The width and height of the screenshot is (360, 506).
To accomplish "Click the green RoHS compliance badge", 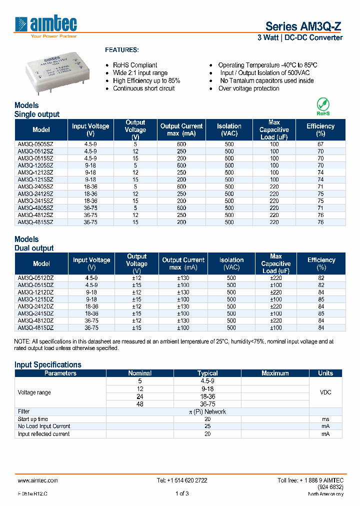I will pyautogui.click(x=323, y=106).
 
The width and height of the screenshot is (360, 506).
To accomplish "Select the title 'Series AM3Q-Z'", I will pyautogui.click(x=303, y=26).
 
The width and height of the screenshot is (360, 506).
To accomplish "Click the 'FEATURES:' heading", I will pyautogui.click(x=121, y=50).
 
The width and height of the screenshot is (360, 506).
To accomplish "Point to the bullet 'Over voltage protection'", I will pyautogui.click(x=248, y=88).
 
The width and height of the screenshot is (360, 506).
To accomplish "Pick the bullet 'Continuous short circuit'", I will pyautogui.click(x=143, y=88).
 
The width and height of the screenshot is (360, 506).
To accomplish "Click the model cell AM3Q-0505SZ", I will pyautogui.click(x=35, y=144).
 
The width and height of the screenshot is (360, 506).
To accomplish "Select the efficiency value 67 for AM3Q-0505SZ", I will pyautogui.click(x=320, y=144).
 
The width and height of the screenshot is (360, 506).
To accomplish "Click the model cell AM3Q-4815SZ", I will pyautogui.click(x=35, y=221).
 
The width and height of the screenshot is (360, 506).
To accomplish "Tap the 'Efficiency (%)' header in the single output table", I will pyautogui.click(x=320, y=130).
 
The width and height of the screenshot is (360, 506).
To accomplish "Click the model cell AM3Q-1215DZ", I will pyautogui.click(x=35, y=299).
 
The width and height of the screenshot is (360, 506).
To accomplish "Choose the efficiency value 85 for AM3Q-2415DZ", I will pyautogui.click(x=321, y=313).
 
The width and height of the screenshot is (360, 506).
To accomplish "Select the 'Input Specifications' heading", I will pyautogui.click(x=47, y=364).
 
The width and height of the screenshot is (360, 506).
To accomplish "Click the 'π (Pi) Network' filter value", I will pyautogui.click(x=207, y=411).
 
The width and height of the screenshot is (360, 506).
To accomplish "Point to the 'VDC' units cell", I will pyautogui.click(x=325, y=392).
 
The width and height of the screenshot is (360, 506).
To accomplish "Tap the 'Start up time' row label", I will pyautogui.click(x=33, y=419).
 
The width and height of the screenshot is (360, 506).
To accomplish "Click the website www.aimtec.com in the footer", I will pyautogui.click(x=38, y=480).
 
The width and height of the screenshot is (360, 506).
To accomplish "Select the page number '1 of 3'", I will pyautogui.click(x=182, y=493).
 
